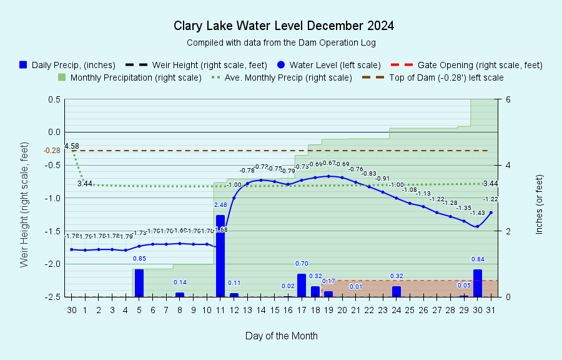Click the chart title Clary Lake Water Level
click(x=283, y=26)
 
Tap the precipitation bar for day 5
click(x=139, y=282)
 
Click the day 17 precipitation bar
click(x=302, y=285)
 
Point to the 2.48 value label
click(x=220, y=205)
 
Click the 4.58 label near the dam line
click(x=72, y=146)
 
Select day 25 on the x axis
click(x=410, y=309)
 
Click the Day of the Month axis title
click(x=282, y=336)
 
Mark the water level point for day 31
click(x=491, y=212)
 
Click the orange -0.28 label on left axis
click(x=52, y=151)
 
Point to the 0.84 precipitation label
click(x=478, y=259)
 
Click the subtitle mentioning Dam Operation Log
click(x=281, y=42)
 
